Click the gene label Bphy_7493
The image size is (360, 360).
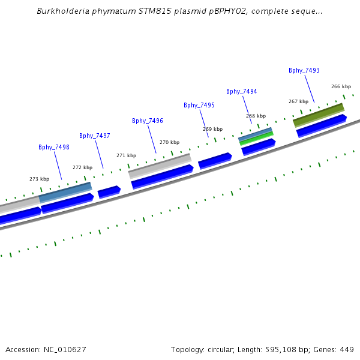tap(304, 70)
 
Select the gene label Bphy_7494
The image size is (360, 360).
tap(241, 91)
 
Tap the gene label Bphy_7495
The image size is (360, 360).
tap(199, 105)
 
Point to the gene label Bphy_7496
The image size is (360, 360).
tap(147, 121)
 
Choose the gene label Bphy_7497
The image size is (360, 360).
tap(94, 136)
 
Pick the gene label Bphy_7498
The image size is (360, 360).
tap(53, 147)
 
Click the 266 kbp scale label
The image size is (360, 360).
tap(340, 86)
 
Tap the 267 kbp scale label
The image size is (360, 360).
tap(298, 101)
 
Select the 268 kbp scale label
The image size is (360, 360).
tap(255, 116)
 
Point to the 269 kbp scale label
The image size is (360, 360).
tap(212, 129)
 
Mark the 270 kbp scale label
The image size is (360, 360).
tap(169, 142)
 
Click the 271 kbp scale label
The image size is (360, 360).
tap(126, 155)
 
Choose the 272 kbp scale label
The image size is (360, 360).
tap(82, 167)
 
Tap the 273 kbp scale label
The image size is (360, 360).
tap(39, 179)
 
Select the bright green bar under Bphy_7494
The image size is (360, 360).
tap(257, 139)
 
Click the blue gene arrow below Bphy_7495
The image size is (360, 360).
tap(215, 160)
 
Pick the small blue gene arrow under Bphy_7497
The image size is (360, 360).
tap(109, 191)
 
